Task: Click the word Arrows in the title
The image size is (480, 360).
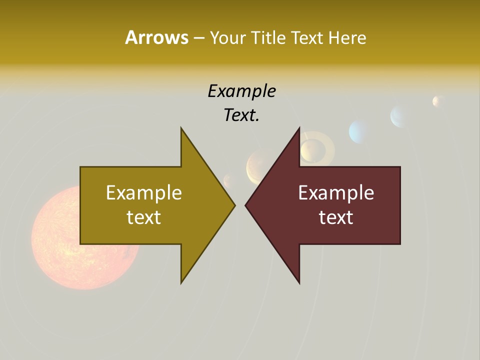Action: (156, 37)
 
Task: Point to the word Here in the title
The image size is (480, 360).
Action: (347, 38)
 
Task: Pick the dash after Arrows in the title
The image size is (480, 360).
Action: (199, 38)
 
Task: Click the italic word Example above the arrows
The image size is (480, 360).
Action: (241, 91)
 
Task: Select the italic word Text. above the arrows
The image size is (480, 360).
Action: (241, 115)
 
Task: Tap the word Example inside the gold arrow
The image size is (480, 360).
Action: (144, 192)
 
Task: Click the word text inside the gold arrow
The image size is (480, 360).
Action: (144, 217)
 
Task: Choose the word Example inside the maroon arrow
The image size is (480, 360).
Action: (336, 192)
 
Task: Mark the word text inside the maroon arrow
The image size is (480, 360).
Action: (336, 217)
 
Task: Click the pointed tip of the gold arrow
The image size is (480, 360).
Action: (234, 205)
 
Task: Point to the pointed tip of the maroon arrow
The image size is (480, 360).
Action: (246, 205)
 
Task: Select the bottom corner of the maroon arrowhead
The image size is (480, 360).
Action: (299, 282)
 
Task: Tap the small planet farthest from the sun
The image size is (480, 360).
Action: (438, 101)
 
